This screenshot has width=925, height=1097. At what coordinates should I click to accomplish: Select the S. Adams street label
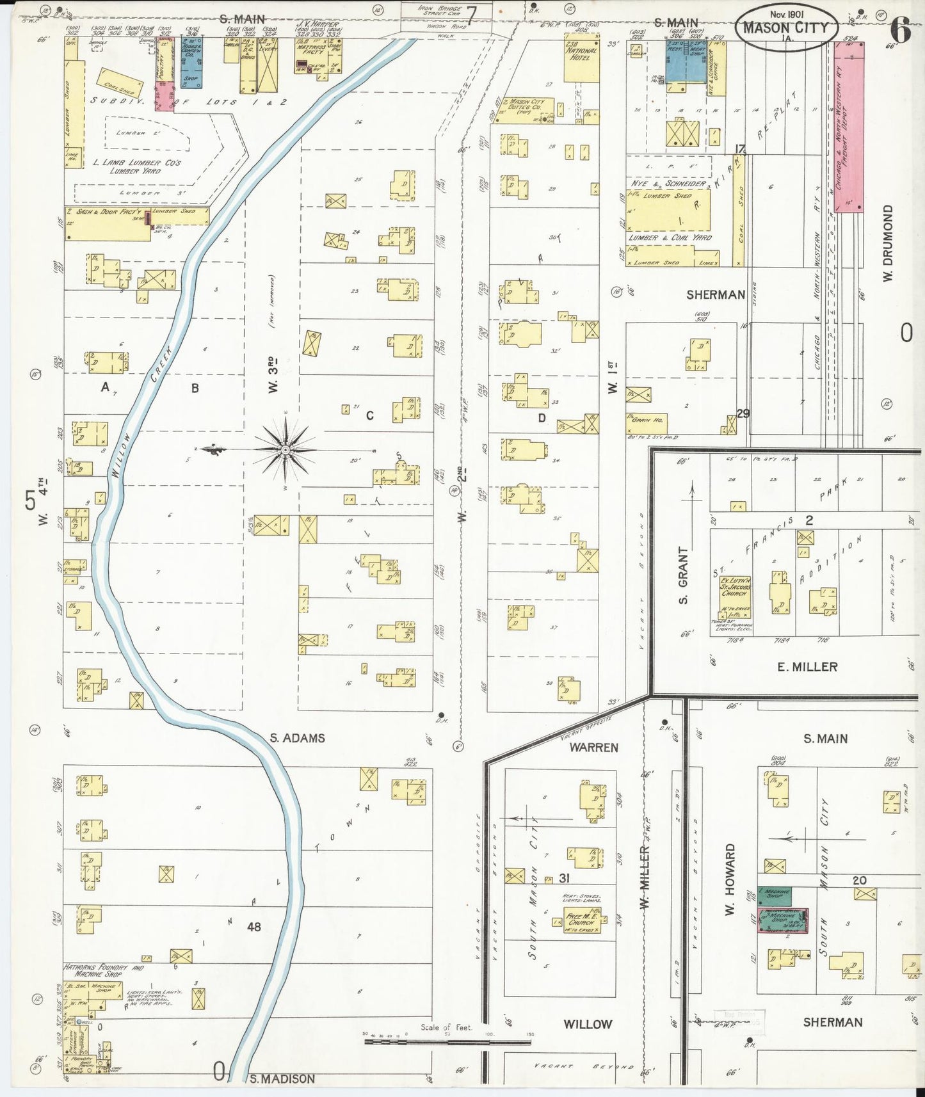click(297, 738)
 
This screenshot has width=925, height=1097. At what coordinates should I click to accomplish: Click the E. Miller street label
click(807, 667)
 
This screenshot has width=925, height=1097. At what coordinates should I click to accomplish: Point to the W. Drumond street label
click(887, 243)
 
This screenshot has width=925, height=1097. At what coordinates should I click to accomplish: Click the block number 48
click(254, 926)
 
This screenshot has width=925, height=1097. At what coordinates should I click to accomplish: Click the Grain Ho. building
click(646, 423)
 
